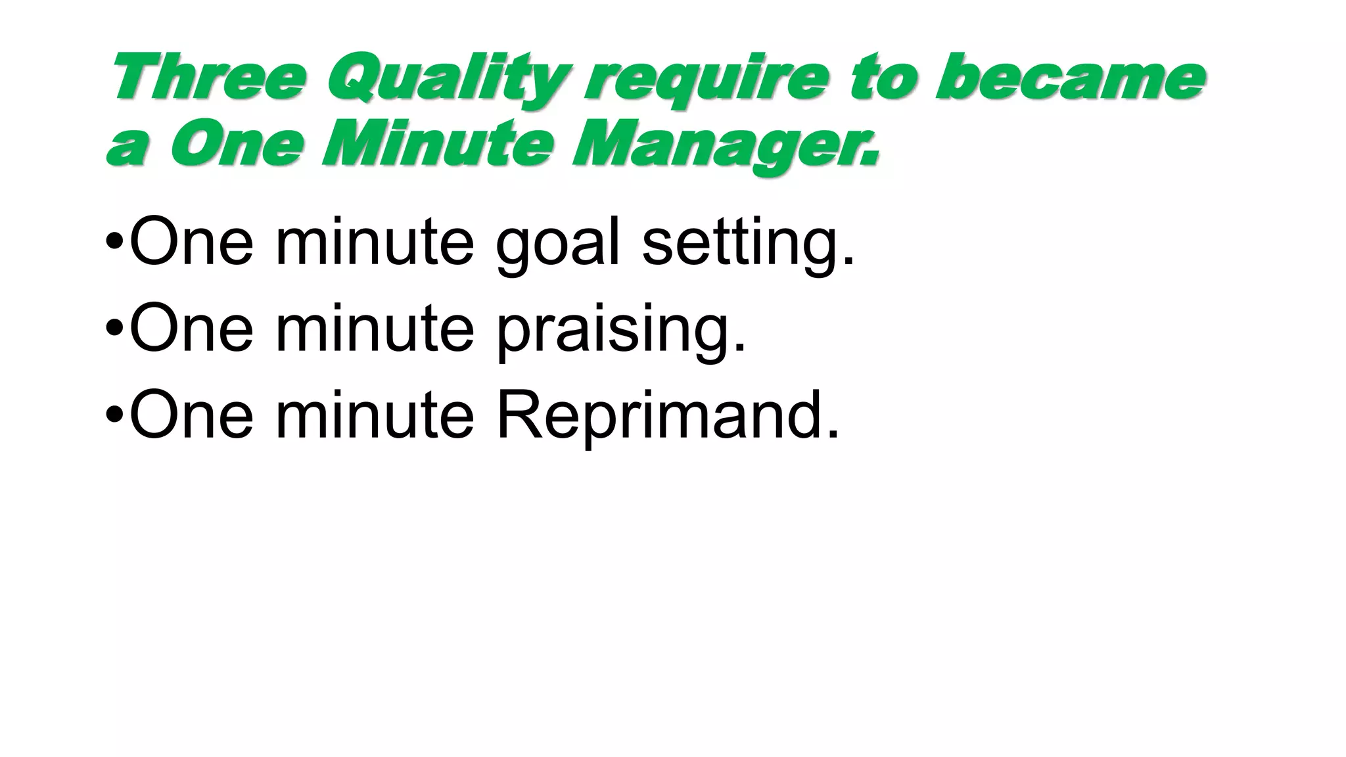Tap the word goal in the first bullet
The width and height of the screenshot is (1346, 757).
557,244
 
